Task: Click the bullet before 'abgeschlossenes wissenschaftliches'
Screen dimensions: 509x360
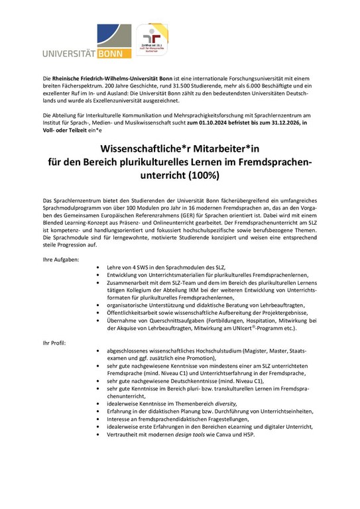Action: click(x=99, y=350)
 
